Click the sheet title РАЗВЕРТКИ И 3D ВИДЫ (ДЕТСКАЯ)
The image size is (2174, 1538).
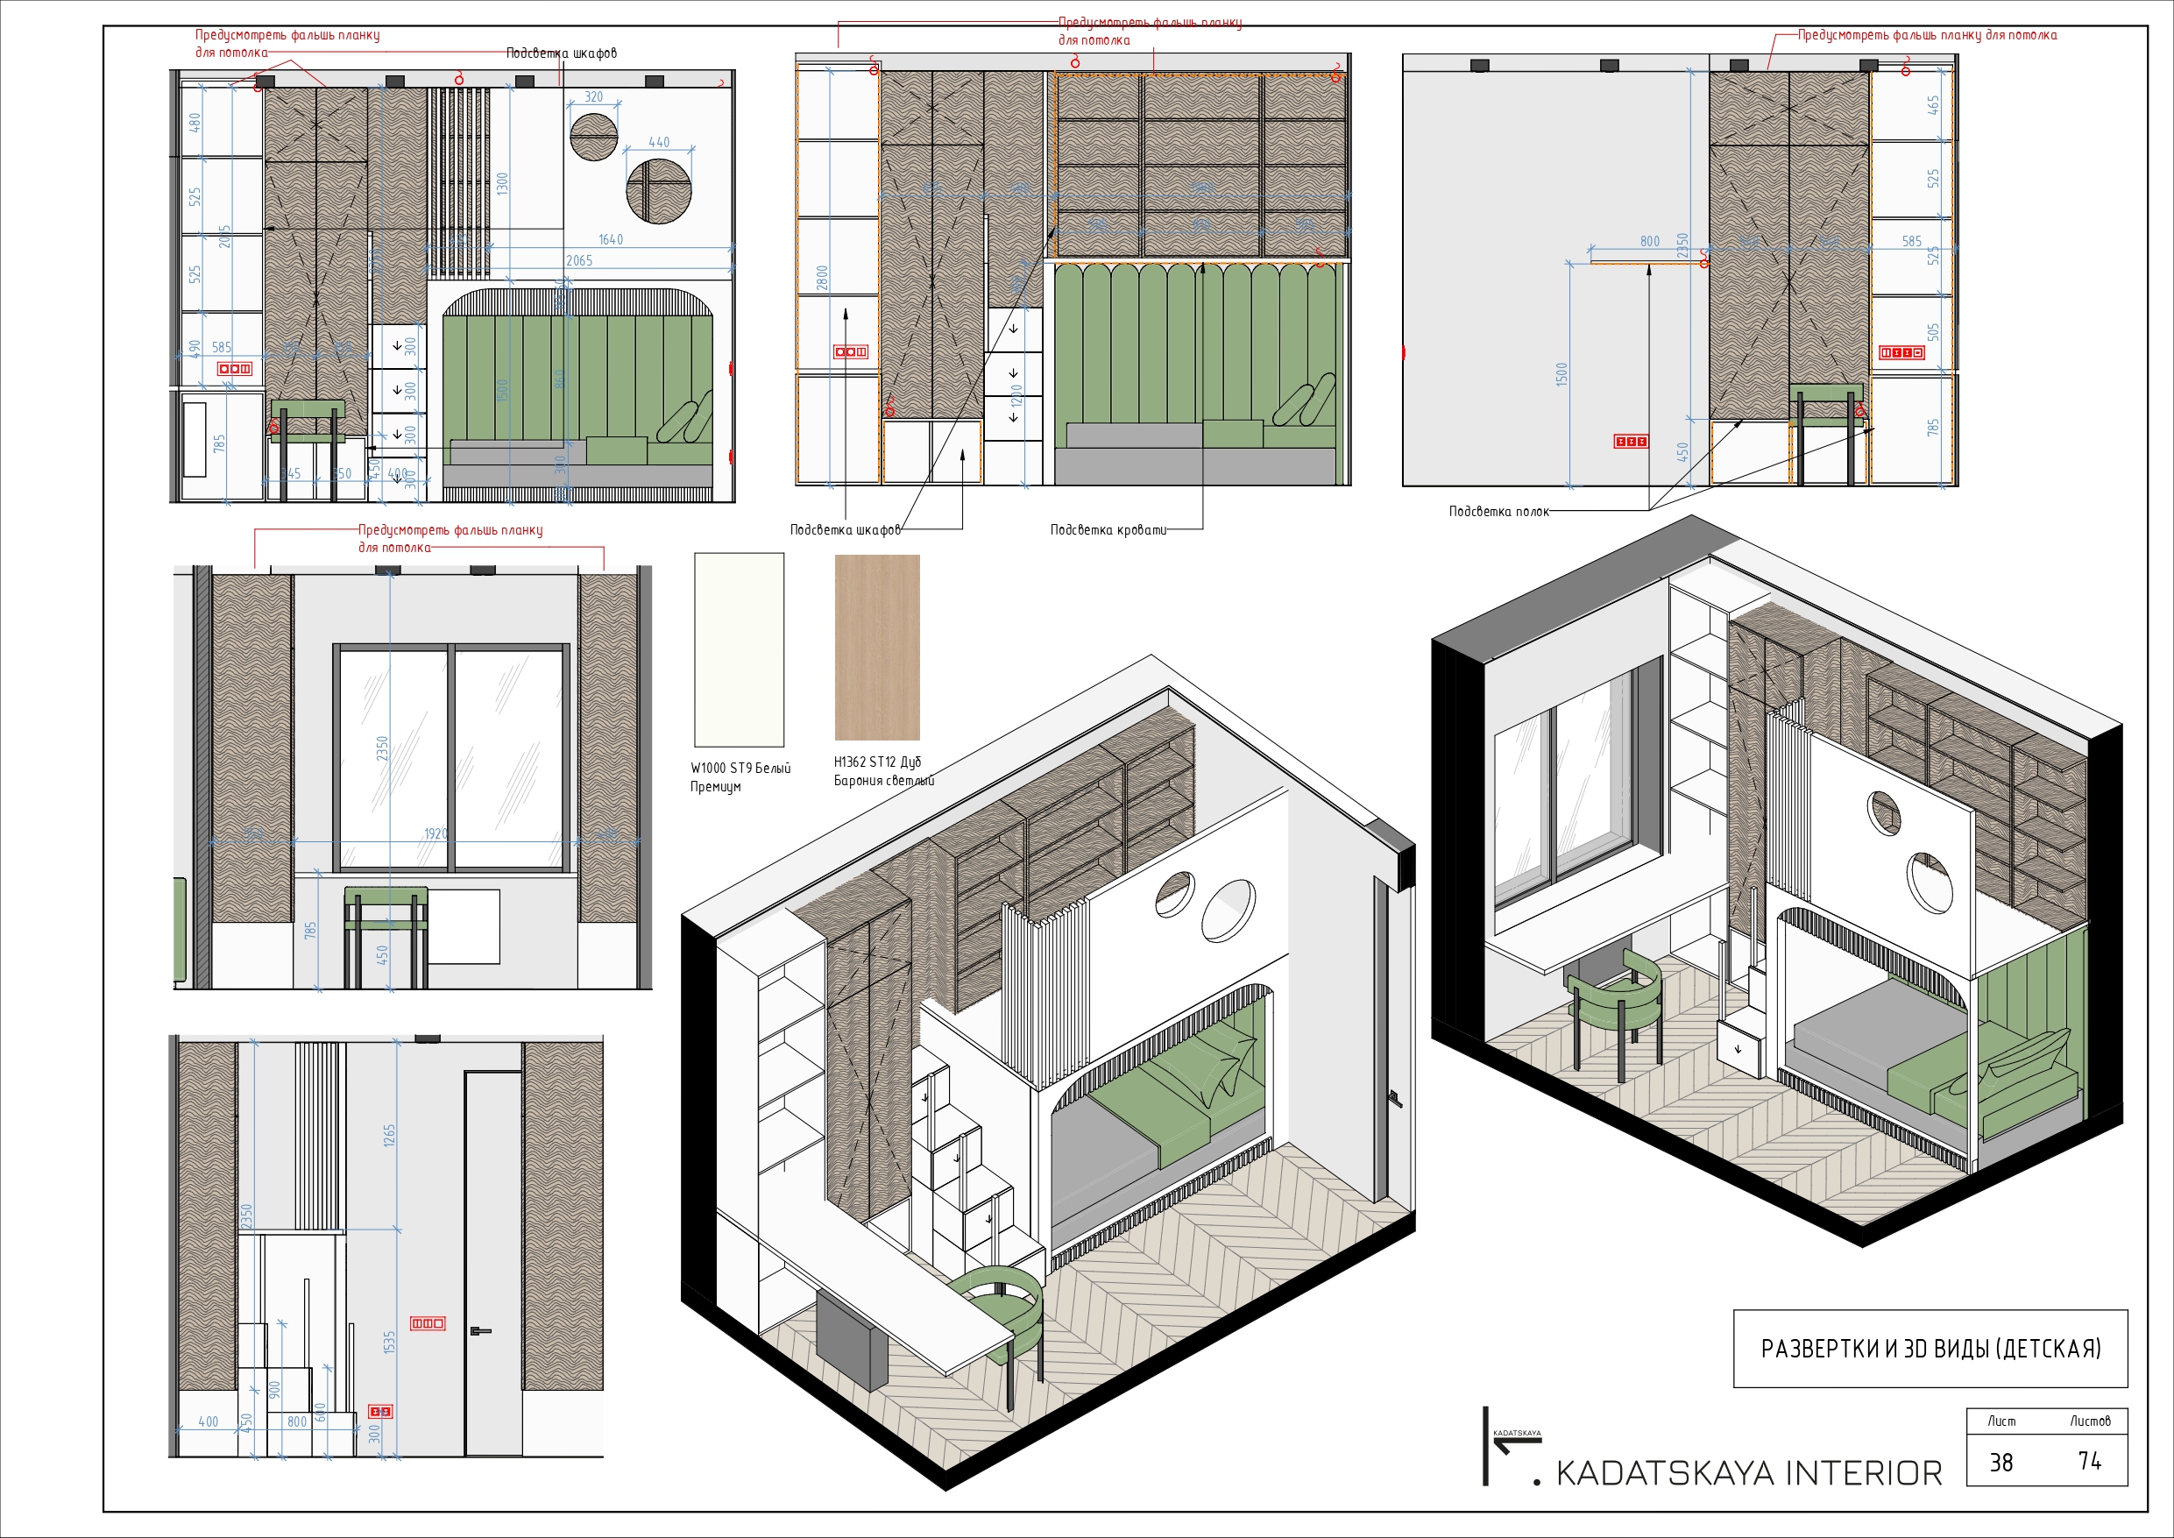pyautogui.click(x=1930, y=1348)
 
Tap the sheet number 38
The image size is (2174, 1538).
pyautogui.click(x=2001, y=1463)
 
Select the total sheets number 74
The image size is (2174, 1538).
pyautogui.click(x=2090, y=1461)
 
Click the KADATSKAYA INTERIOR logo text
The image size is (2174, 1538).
pyautogui.click(x=1748, y=1474)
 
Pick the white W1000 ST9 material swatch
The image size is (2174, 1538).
pyautogui.click(x=739, y=649)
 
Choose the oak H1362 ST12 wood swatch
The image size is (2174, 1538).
pyautogui.click(x=877, y=647)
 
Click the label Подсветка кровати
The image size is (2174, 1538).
pyautogui.click(x=1108, y=529)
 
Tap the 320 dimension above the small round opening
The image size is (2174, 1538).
pyautogui.click(x=594, y=96)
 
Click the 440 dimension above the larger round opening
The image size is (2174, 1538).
pyautogui.click(x=659, y=142)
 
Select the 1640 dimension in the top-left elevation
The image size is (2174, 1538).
pyautogui.click(x=611, y=239)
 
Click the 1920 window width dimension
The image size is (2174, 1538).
pyautogui.click(x=436, y=833)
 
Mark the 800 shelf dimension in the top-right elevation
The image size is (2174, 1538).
pyautogui.click(x=1649, y=242)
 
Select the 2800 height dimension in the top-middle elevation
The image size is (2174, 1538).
pyautogui.click(x=822, y=278)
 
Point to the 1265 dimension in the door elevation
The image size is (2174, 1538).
pyautogui.click(x=389, y=1136)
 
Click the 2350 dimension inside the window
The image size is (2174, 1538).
pyautogui.click(x=383, y=748)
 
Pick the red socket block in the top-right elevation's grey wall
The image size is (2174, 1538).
pyautogui.click(x=1631, y=442)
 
